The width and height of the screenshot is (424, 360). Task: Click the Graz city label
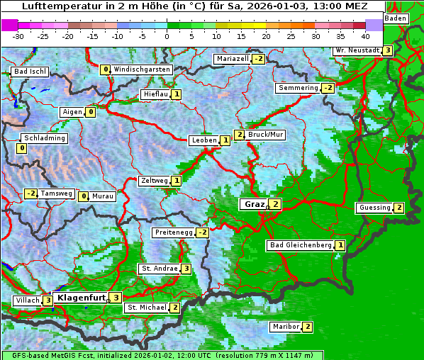coord(253,204)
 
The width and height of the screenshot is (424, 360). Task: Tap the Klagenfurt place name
coord(81,298)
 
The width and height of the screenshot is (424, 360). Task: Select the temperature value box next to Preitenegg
coord(203,232)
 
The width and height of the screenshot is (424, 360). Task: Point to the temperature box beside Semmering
coord(327,88)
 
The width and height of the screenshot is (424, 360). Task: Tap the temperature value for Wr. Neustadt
coord(386,50)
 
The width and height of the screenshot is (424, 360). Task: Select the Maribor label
coord(285,327)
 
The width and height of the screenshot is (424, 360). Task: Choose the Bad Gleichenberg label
coord(301,245)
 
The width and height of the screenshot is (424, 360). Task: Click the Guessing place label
coord(375,208)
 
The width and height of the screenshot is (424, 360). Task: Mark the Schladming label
coord(44,138)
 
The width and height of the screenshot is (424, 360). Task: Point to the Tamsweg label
coord(56,193)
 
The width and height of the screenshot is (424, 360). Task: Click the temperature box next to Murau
coord(83,196)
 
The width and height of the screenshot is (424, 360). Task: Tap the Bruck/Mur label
coord(266,135)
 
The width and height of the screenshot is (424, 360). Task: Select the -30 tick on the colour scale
coord(18,35)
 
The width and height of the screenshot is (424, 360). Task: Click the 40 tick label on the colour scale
coord(365,35)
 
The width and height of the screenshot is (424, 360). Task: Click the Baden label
coord(396,18)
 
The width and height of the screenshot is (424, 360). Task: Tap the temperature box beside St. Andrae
coord(185,269)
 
